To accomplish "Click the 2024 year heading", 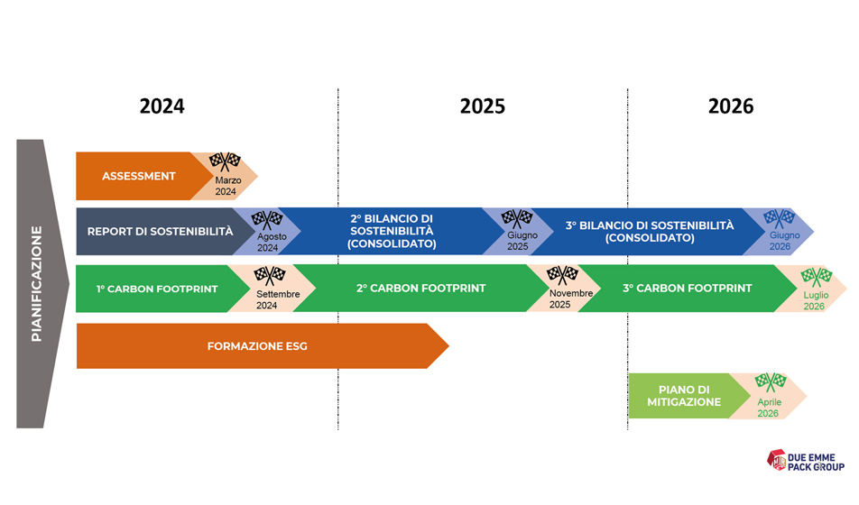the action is tap(162, 106).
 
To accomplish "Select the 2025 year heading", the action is tap(482, 106).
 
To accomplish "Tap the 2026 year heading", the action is tap(731, 106).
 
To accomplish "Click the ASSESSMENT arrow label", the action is tap(139, 176).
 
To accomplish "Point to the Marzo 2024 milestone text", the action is tap(227, 186).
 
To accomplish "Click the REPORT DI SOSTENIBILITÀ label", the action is tap(160, 232).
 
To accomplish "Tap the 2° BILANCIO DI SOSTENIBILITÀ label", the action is tap(392, 231).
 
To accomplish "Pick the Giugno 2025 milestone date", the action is tap(522, 241).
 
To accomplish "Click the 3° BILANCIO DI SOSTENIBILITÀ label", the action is tap(650, 231).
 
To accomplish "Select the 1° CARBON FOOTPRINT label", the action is tap(157, 289).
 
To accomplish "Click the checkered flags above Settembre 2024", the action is tap(269, 276).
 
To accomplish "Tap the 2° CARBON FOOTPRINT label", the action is tap(420, 288).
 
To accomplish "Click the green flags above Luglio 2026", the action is tap(817, 277).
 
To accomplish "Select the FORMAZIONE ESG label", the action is tap(257, 346).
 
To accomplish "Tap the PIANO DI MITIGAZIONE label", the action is tap(684, 396).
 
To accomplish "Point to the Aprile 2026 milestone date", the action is tap(769, 408).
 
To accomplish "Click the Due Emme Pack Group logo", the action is tap(805, 461).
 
